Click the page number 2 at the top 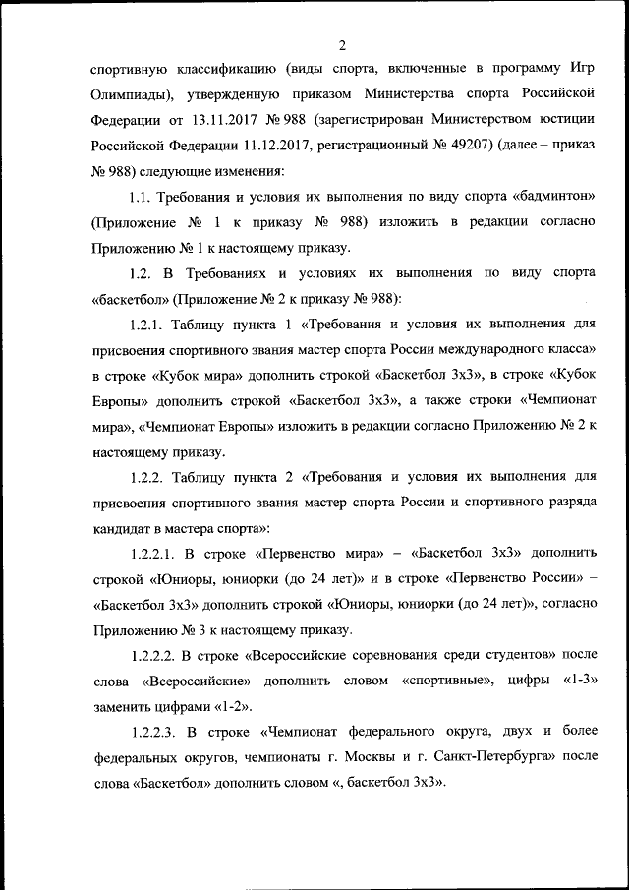click(341, 44)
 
